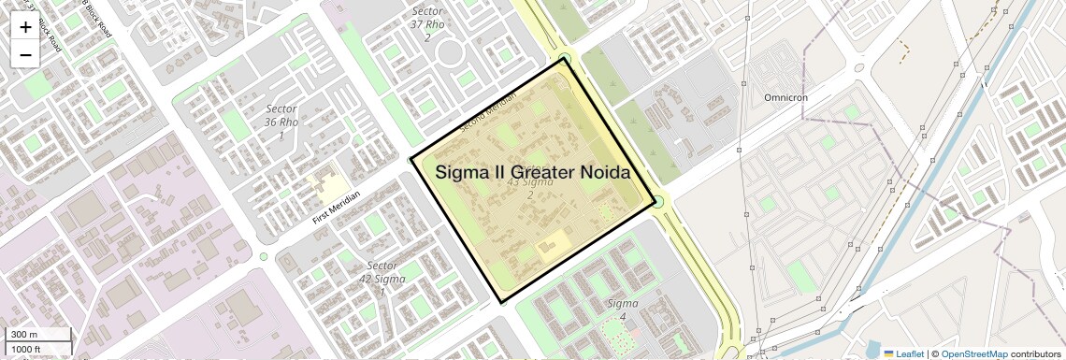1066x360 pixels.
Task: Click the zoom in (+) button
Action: [x=25, y=27]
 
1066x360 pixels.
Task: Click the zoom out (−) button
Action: [x=25, y=54]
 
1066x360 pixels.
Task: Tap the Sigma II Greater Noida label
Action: [x=532, y=172]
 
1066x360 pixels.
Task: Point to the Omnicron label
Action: [x=785, y=97]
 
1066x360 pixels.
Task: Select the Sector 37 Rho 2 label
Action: [x=427, y=24]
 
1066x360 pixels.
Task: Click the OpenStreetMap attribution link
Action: [x=974, y=353]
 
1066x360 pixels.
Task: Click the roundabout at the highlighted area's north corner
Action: [x=564, y=58]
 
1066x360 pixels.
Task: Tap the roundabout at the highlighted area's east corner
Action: [x=658, y=201]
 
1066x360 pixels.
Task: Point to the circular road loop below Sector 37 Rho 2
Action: [x=451, y=51]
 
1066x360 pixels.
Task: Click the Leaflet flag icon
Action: [x=888, y=353]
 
